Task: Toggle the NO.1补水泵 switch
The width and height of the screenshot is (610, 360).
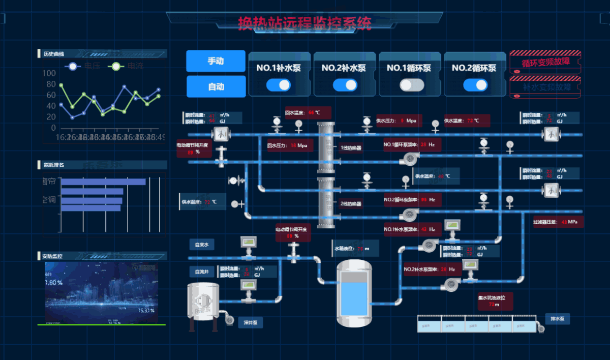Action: (278, 85)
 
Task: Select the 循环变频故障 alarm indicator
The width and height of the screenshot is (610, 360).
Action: (545, 62)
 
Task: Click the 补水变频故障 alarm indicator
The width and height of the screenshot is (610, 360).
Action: (545, 87)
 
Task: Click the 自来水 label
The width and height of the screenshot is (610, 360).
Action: (201, 245)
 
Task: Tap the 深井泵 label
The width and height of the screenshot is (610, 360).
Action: (251, 322)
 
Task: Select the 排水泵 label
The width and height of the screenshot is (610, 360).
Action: (557, 319)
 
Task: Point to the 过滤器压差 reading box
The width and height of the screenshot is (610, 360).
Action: (557, 222)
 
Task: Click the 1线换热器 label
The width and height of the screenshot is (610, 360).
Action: (351, 148)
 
